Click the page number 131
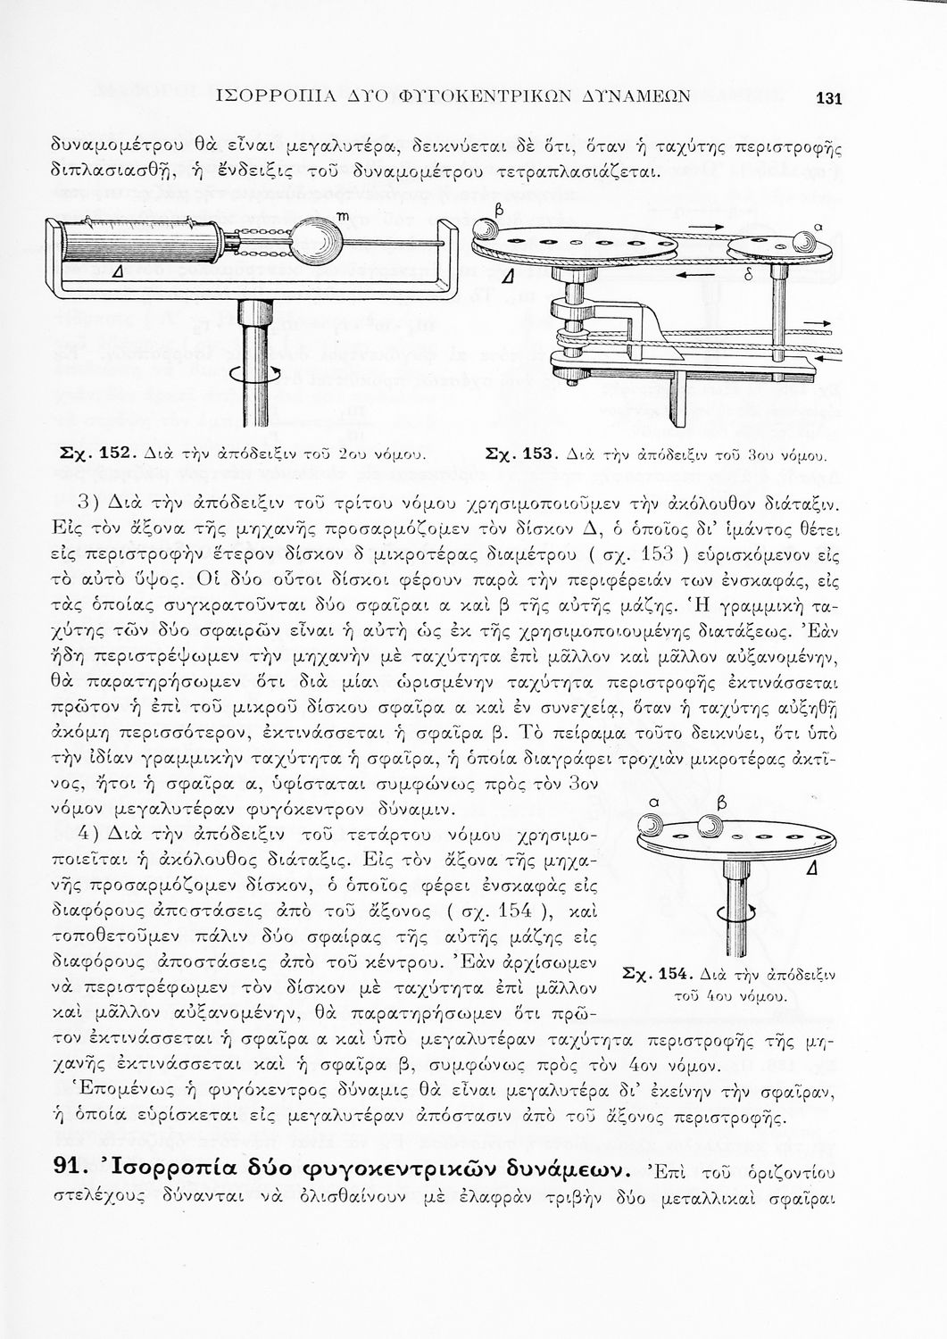[x=829, y=99]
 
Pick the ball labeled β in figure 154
[x=710, y=827]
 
